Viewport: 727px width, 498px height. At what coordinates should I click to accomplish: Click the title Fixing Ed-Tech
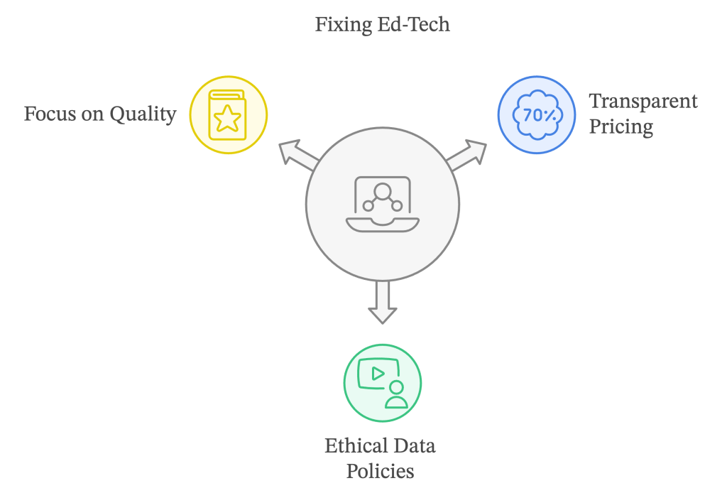(x=382, y=24)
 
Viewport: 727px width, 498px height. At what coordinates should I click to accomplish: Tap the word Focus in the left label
(x=49, y=114)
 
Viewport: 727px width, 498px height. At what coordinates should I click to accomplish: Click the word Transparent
(x=643, y=102)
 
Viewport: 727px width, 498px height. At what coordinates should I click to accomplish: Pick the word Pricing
(x=621, y=127)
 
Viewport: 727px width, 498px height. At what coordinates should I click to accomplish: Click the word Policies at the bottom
(x=380, y=471)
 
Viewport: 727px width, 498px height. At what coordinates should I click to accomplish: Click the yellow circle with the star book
(x=228, y=114)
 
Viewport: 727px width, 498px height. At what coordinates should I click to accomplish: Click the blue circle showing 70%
(x=536, y=114)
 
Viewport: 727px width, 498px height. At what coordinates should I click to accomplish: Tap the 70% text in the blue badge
(x=536, y=114)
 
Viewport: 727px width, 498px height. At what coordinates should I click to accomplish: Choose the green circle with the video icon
(x=382, y=383)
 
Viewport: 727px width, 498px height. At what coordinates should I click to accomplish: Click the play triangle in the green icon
(x=377, y=373)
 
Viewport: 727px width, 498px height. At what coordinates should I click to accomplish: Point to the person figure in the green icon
(x=396, y=395)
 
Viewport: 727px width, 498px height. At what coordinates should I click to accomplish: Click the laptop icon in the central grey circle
(x=382, y=204)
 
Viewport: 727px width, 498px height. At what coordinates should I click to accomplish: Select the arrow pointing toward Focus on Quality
(x=295, y=154)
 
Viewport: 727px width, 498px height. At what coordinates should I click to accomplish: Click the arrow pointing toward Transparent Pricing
(x=469, y=154)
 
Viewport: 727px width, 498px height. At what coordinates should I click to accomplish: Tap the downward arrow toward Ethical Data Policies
(x=382, y=302)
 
